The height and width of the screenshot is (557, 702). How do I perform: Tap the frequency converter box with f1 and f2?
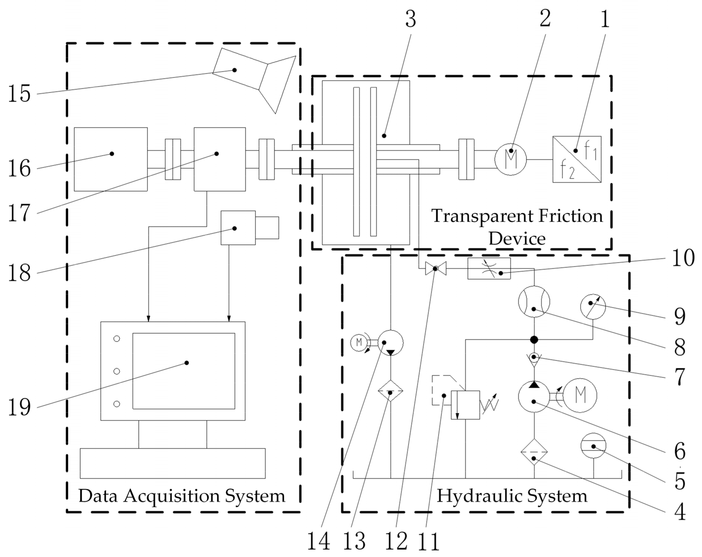(577, 159)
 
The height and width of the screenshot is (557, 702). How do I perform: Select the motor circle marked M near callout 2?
(510, 160)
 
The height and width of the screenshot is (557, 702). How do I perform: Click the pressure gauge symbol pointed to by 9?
(593, 306)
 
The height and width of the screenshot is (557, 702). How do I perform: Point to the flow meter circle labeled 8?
(534, 302)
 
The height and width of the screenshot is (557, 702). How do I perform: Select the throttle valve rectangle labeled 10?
(489, 269)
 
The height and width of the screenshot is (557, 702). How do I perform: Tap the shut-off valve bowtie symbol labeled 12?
(436, 269)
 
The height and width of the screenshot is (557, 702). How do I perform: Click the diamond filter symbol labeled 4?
(534, 452)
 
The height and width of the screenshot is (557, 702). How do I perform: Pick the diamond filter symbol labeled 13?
(390, 391)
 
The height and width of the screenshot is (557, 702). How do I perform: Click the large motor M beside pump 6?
(580, 395)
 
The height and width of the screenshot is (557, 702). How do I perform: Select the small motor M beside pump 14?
(359, 342)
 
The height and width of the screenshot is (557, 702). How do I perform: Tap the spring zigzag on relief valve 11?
(490, 405)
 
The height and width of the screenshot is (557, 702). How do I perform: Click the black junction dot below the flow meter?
(534, 340)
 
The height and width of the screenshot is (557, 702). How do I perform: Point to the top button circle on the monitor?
(117, 339)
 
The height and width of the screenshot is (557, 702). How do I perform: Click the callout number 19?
(19, 407)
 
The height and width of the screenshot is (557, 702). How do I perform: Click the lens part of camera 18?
(267, 228)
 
